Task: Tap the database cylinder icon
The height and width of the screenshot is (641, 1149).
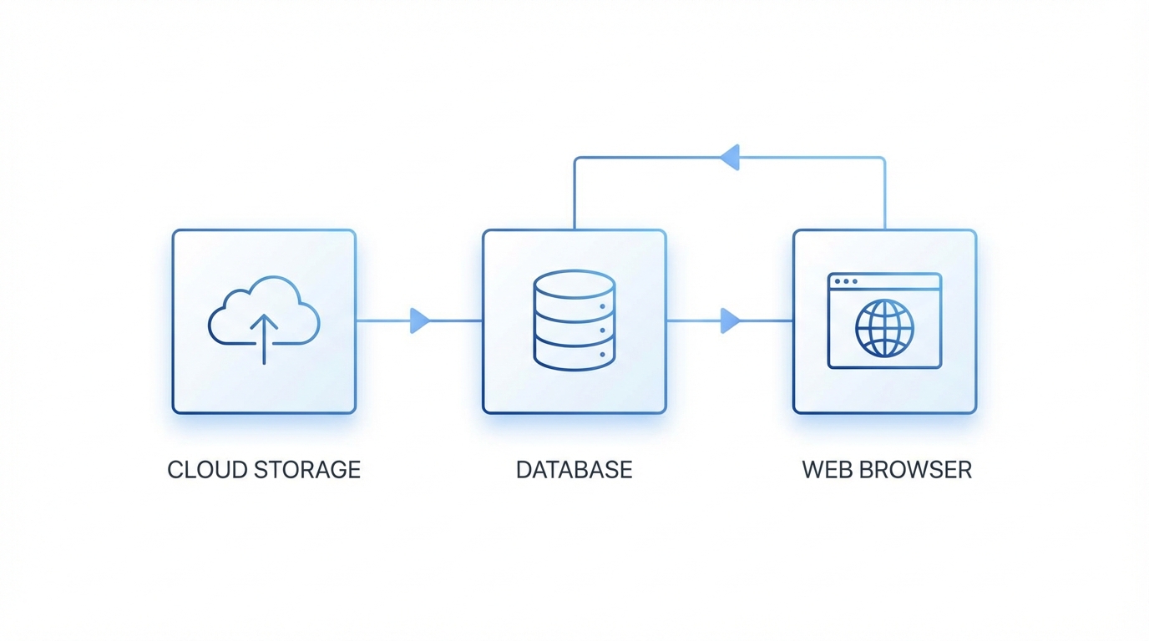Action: point(574,320)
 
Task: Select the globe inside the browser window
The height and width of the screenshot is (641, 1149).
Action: point(884,328)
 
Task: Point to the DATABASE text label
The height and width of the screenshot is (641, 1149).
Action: point(574,469)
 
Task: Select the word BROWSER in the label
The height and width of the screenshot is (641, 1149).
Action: point(919,469)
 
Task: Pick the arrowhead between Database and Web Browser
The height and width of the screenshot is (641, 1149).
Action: point(730,320)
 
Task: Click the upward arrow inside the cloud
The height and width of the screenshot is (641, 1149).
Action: point(264,338)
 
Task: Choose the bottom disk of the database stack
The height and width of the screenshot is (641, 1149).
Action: point(574,356)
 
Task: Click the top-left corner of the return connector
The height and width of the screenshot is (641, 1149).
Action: point(575,158)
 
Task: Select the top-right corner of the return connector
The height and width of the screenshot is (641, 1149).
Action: point(883,158)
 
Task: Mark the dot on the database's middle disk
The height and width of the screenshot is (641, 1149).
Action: point(602,331)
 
